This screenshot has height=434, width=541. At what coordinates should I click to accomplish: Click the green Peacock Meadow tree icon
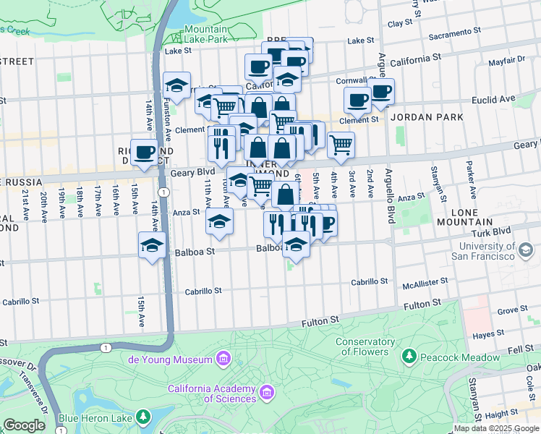tap(409, 357)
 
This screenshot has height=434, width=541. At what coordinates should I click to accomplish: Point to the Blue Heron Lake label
tap(95, 417)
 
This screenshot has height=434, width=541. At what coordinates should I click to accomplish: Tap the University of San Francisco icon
tap(526, 250)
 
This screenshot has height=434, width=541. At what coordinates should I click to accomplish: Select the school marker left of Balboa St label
tap(153, 246)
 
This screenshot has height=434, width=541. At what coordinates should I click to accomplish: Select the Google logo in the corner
tap(25, 425)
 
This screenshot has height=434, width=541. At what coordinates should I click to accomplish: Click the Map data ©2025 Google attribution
tap(495, 428)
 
